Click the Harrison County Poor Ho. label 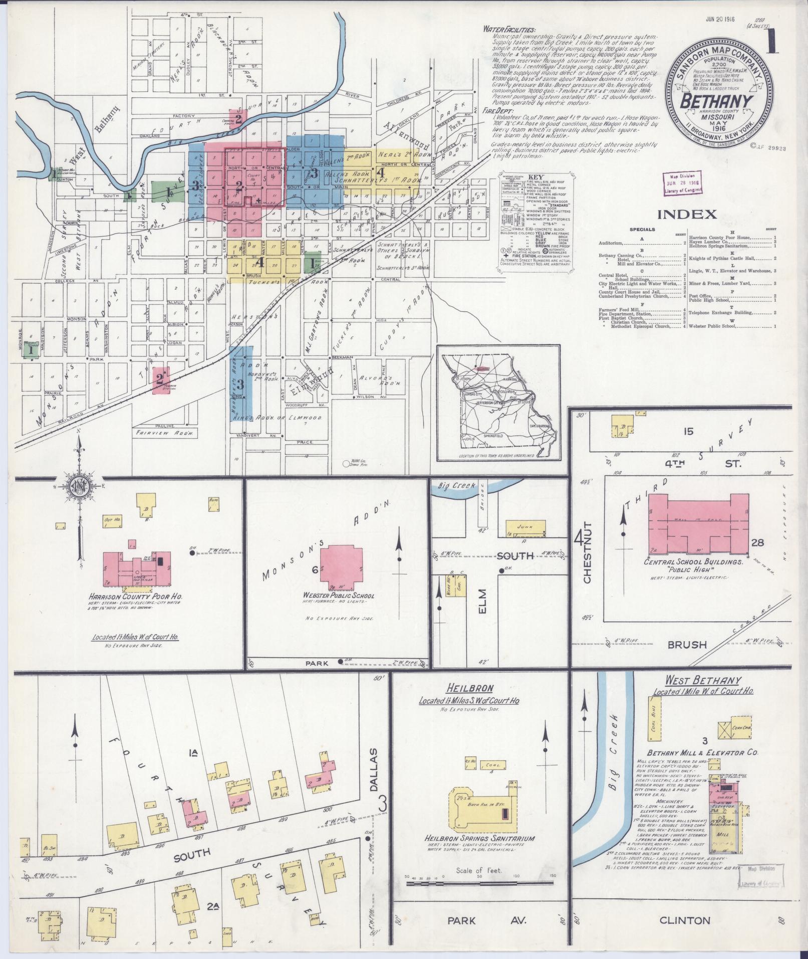point(135,597)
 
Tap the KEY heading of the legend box point(535,177)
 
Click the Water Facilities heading point(509,30)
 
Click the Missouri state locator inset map point(498,403)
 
